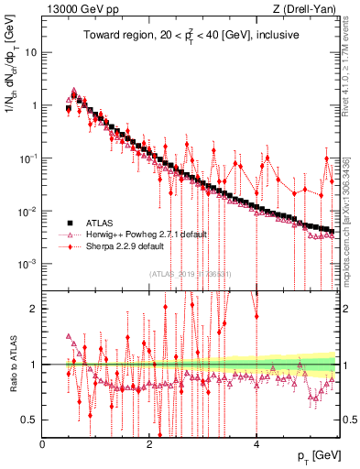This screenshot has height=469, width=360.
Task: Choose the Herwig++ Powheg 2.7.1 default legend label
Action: [x=136, y=234]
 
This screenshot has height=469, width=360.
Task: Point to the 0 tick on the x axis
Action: [x=43, y=444]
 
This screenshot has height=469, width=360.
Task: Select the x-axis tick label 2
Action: [x=149, y=444]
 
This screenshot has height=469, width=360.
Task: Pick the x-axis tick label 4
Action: [x=256, y=444]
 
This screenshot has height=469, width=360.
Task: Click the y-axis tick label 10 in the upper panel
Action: [x=31, y=52]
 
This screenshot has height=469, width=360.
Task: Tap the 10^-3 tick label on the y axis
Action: [x=27, y=264]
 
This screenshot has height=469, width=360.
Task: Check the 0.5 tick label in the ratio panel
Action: [x=27, y=420]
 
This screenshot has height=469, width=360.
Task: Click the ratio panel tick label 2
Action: [x=33, y=309]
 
